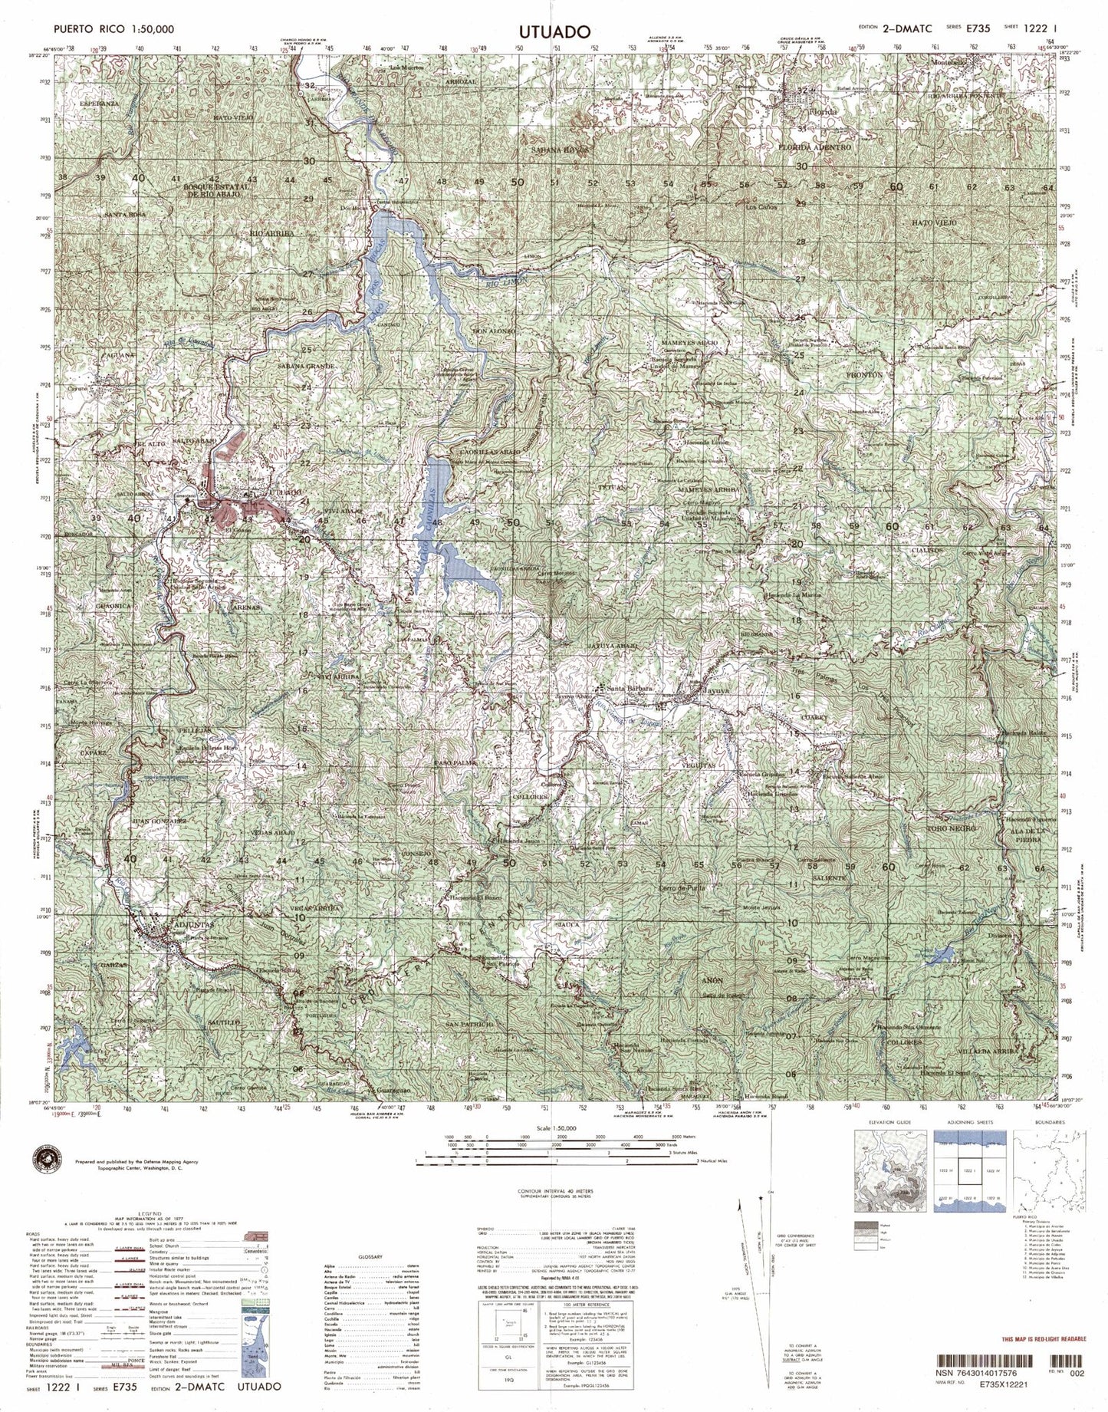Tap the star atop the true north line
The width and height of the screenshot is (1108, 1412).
pos(760,1196)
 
